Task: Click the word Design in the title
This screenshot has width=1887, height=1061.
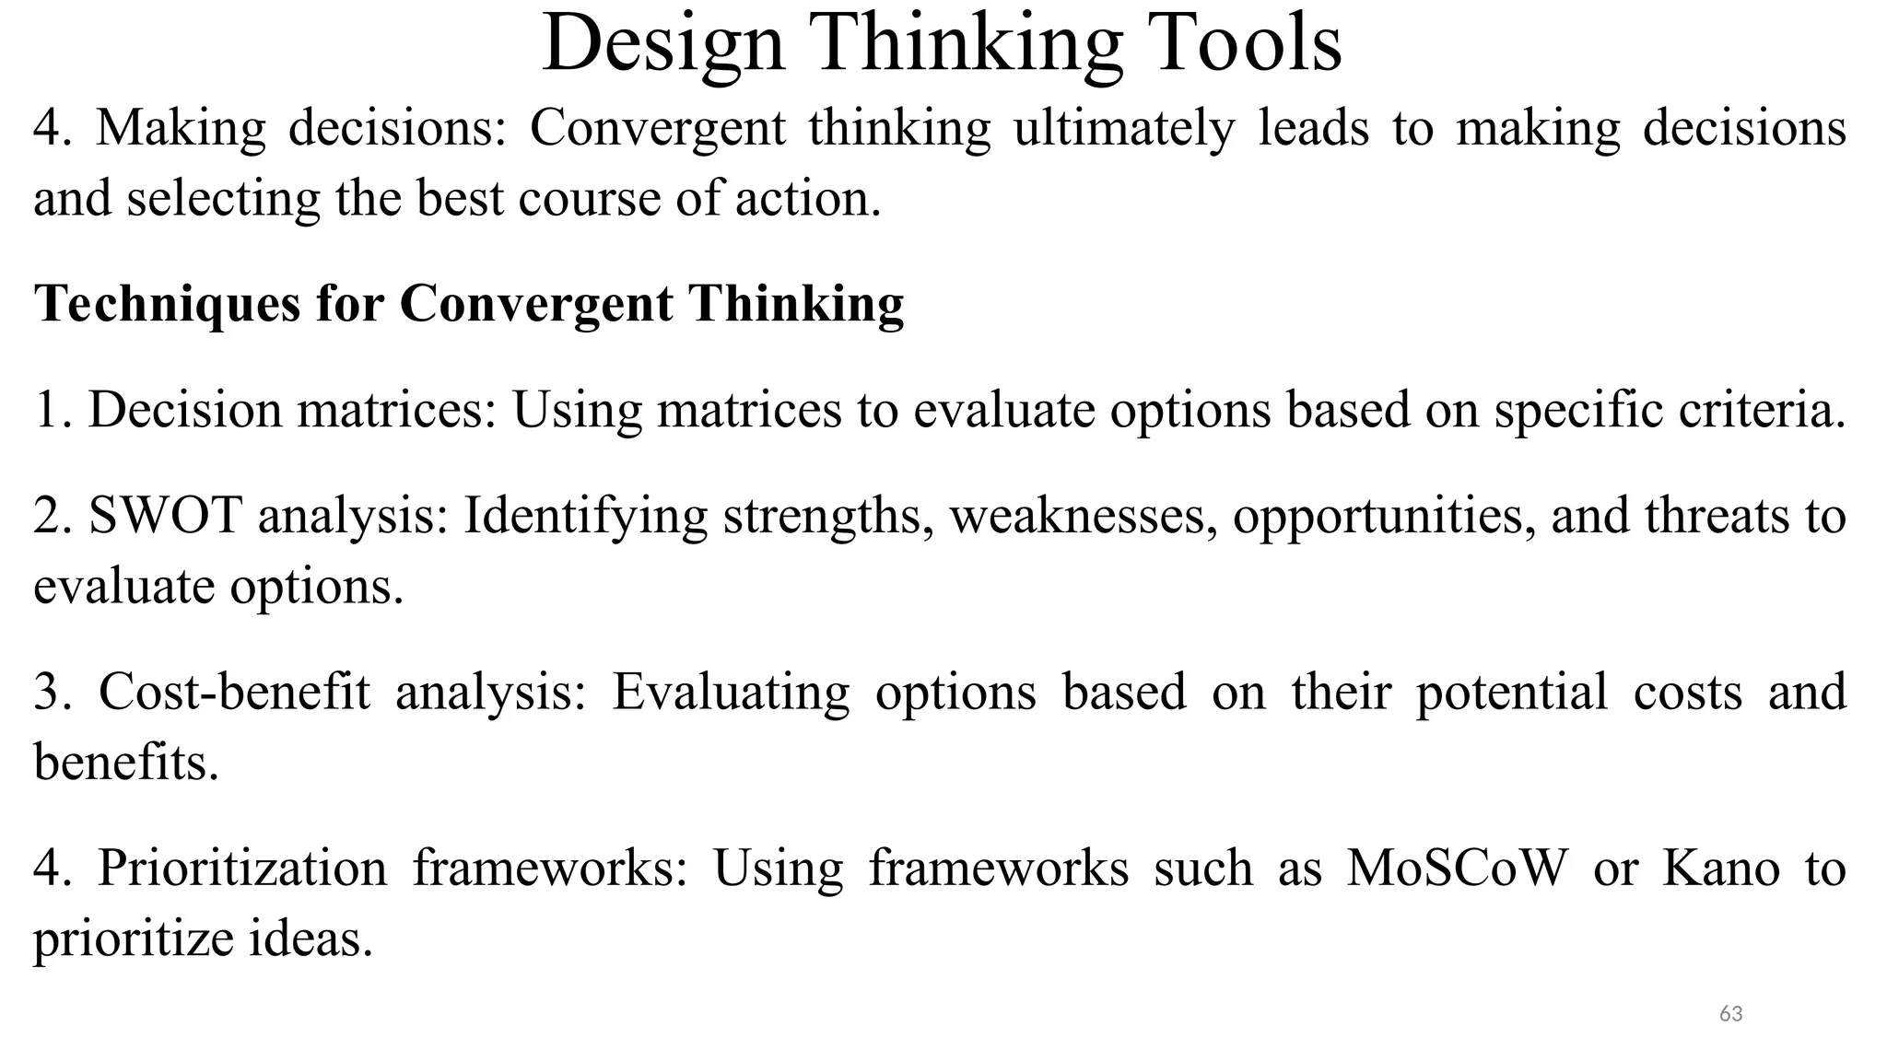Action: [662, 43]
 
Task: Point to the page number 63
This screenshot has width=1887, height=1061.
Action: [1730, 1014]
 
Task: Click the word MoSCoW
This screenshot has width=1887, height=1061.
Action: [1457, 868]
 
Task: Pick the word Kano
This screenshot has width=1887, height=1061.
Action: [1720, 868]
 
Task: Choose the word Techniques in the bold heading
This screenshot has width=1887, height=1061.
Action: [167, 303]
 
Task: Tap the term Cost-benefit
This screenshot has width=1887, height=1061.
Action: [234, 692]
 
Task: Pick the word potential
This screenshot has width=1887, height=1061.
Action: [1511, 693]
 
